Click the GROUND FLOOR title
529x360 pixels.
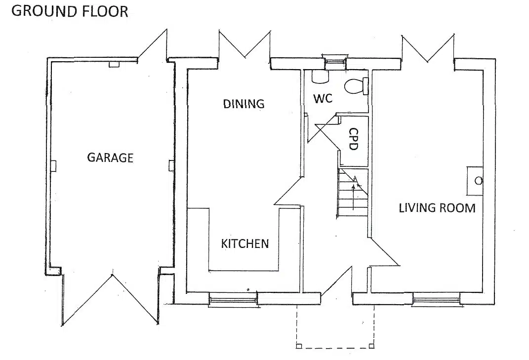pos(70,11)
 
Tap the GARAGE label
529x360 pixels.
pos(110,158)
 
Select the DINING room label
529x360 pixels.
pos(244,104)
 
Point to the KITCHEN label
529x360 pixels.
pos(245,243)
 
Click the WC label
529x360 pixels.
pos(323,99)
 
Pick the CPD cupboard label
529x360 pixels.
pos(353,139)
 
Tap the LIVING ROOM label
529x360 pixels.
pos(437,208)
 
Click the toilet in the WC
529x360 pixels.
pos(356,86)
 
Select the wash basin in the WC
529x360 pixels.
pos(320,76)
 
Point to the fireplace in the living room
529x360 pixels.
pos(475,181)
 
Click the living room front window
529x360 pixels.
pos(437,300)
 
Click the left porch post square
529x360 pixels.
pos(298,346)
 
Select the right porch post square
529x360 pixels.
pos(372,346)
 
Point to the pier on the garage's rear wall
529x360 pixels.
pos(114,64)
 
